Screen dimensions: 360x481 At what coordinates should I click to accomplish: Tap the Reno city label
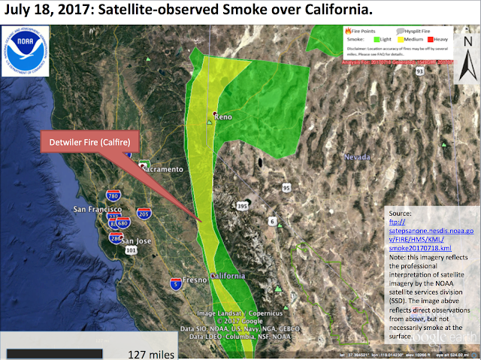click(x=223, y=118)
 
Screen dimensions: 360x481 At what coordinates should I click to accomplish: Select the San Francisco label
click(x=97, y=208)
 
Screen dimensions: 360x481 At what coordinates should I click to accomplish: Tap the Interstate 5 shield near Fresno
click(x=175, y=283)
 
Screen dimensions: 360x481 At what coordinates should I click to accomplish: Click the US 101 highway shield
click(x=132, y=250)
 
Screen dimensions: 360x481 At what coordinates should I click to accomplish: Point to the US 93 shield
click(x=420, y=71)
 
